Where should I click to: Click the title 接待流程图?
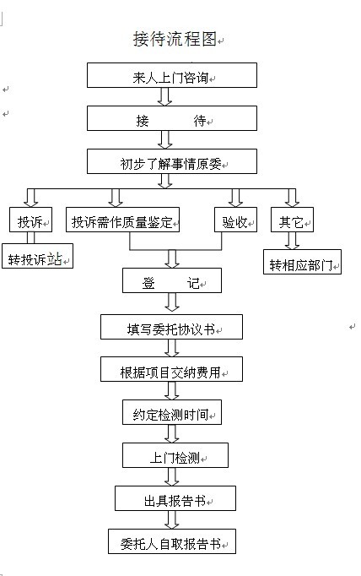pos(175,39)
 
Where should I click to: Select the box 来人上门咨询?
pos(172,75)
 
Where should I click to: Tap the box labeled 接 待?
pos(172,118)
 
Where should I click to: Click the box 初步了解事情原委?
pos(172,161)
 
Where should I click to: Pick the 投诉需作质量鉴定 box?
pos(122,220)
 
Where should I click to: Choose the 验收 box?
pos(235,220)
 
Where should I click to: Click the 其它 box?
pos(292,220)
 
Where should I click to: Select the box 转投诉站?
pos(37,256)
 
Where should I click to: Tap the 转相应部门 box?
pos(302,262)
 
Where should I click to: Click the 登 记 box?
pos(172,280)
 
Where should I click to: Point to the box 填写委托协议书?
pos(172,327)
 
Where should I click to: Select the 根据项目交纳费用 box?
pos(172,369)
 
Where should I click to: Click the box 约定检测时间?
pos(172,412)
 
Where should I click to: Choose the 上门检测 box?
pos(175,455)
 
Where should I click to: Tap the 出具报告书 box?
pos(175,498)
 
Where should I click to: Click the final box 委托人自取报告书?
pos(172,541)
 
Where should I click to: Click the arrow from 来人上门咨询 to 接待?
pos(164,96)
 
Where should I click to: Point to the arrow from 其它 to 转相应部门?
pos(292,241)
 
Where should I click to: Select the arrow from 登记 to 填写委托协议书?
pos(172,302)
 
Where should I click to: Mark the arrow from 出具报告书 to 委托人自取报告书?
pos(172,519)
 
